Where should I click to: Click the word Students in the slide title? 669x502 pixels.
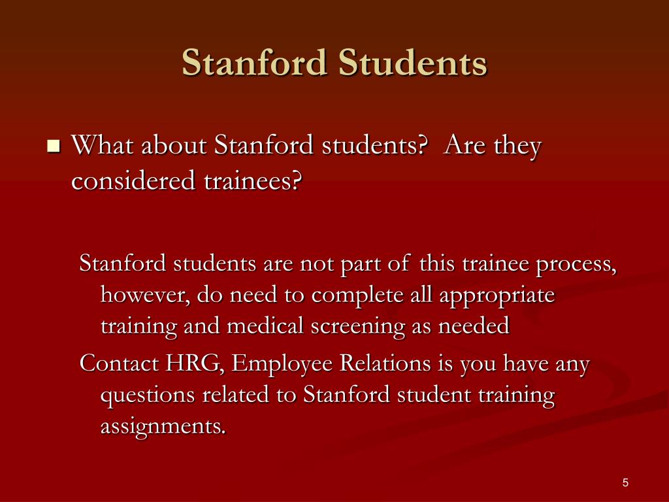pyautogui.click(x=413, y=63)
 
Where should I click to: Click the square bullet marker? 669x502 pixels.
pyautogui.click(x=54, y=146)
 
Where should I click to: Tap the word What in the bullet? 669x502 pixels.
pyautogui.click(x=103, y=144)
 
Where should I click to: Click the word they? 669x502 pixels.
pyautogui.click(x=517, y=146)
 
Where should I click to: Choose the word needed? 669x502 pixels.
pyautogui.click(x=474, y=326)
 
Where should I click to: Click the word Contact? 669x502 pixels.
pyautogui.click(x=119, y=363)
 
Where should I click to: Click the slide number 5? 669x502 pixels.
pyautogui.click(x=625, y=483)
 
